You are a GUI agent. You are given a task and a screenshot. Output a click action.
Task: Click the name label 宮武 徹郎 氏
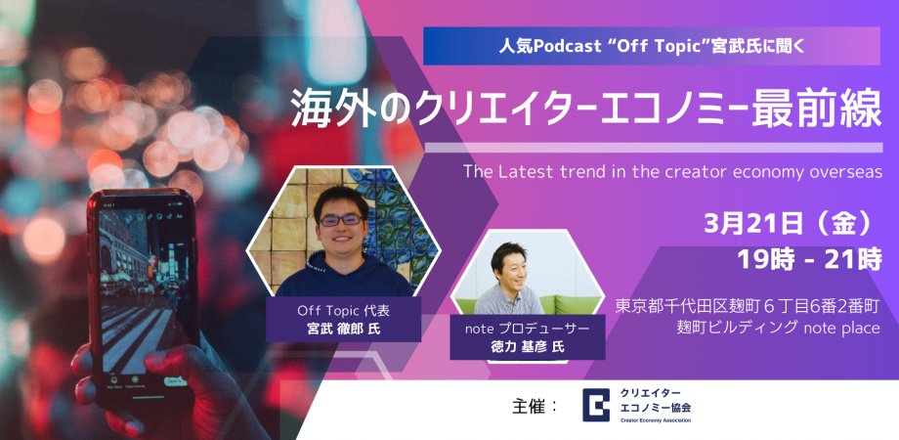pyautogui.click(x=344, y=329)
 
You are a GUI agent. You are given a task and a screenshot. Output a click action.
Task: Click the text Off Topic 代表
pyautogui.click(x=344, y=310)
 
